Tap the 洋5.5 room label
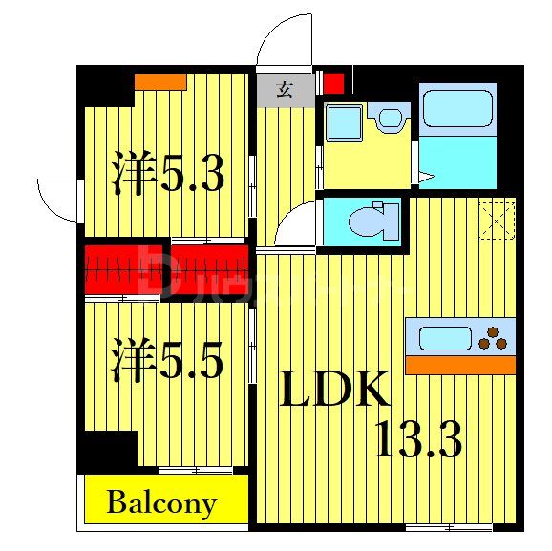coord(166,362)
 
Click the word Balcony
coord(161,502)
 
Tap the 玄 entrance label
coord(285,91)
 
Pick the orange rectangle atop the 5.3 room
coord(159,83)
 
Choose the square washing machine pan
coord(342,121)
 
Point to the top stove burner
coord(495,331)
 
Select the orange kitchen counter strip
coord(459,365)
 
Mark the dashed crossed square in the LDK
coord(498,222)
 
